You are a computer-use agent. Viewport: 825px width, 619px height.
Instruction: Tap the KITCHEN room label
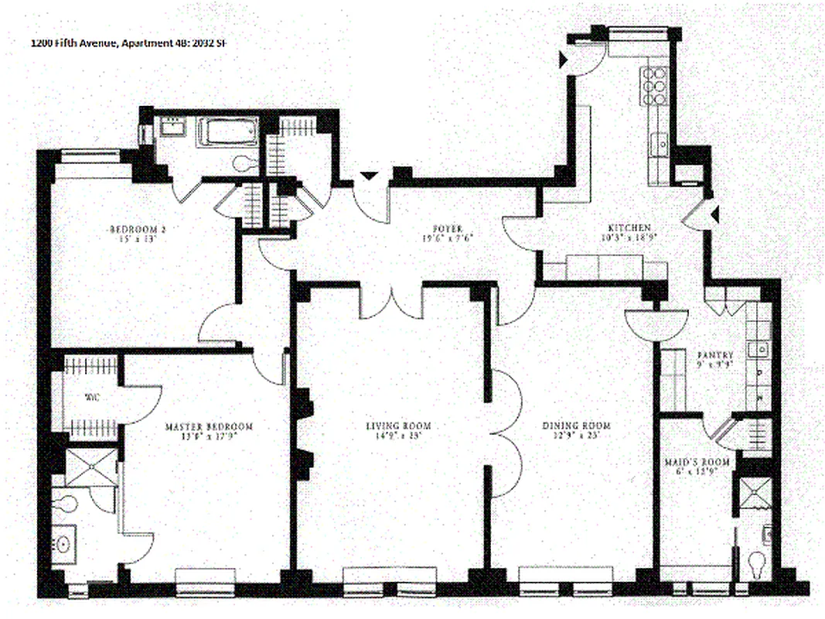629,228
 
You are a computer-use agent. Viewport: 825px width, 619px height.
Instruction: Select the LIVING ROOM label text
398,426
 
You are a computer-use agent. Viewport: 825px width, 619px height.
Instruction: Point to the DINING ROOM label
576,426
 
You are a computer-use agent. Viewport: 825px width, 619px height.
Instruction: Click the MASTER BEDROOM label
210,426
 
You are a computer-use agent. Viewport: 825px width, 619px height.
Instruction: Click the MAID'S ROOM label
687,463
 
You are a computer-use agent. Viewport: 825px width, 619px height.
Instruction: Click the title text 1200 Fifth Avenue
74,43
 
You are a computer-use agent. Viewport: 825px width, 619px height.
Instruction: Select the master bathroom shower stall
91,467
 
